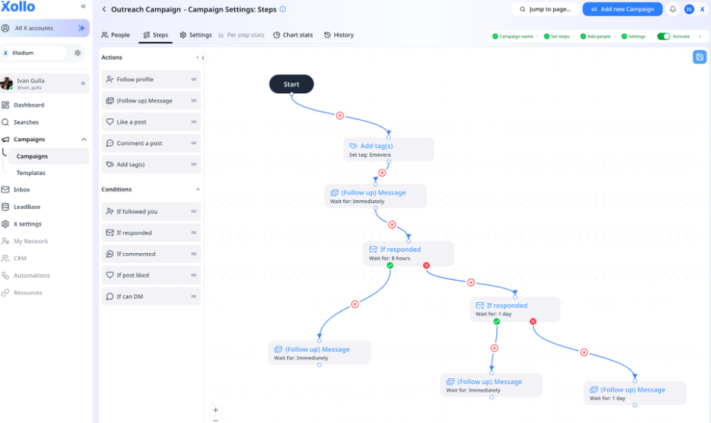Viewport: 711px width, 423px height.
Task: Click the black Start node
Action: pyautogui.click(x=291, y=84)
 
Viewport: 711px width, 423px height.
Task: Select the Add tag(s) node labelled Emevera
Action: pyautogui.click(x=388, y=149)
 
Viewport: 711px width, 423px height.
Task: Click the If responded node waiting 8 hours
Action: pyautogui.click(x=408, y=253)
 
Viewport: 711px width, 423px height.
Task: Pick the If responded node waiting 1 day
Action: pyautogui.click(x=515, y=309)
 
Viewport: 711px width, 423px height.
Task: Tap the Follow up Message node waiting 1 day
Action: pyautogui.click(x=635, y=393)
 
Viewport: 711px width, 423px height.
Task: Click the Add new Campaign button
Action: pyautogui.click(x=622, y=9)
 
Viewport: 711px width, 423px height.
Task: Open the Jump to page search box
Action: pyautogui.click(x=545, y=9)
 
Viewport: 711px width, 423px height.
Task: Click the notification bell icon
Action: pyautogui.click(x=673, y=9)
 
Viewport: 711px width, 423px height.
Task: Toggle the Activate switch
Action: pyautogui.click(x=663, y=36)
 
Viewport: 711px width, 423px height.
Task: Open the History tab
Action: pyautogui.click(x=339, y=35)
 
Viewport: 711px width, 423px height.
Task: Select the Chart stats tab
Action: pyautogui.click(x=293, y=35)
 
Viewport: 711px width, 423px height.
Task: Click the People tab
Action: pyautogui.click(x=116, y=35)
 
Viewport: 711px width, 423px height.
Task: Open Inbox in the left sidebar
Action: pyautogui.click(x=22, y=190)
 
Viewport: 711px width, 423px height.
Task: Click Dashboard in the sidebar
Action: pyautogui.click(x=28, y=105)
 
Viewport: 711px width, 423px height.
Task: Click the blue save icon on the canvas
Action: pyautogui.click(x=700, y=57)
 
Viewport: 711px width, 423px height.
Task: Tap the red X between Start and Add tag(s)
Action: pyautogui.click(x=340, y=115)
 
